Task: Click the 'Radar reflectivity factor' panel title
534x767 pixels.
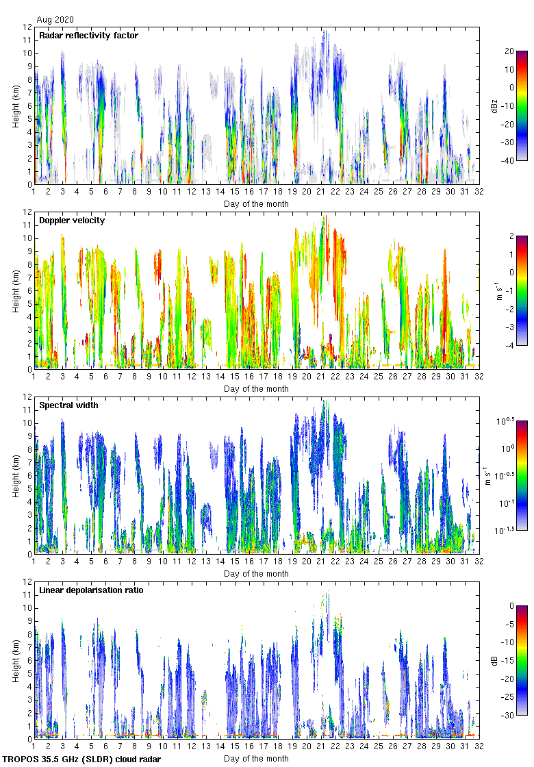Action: tap(88, 36)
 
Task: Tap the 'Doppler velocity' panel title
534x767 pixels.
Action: tap(72, 221)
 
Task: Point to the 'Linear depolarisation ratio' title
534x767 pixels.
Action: tap(91, 590)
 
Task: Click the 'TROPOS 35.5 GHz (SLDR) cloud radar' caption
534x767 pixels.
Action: tap(82, 759)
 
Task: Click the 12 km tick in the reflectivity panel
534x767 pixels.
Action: tap(27, 27)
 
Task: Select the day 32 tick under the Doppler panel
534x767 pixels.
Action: tap(479, 376)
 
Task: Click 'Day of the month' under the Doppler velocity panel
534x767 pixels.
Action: tap(256, 389)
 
